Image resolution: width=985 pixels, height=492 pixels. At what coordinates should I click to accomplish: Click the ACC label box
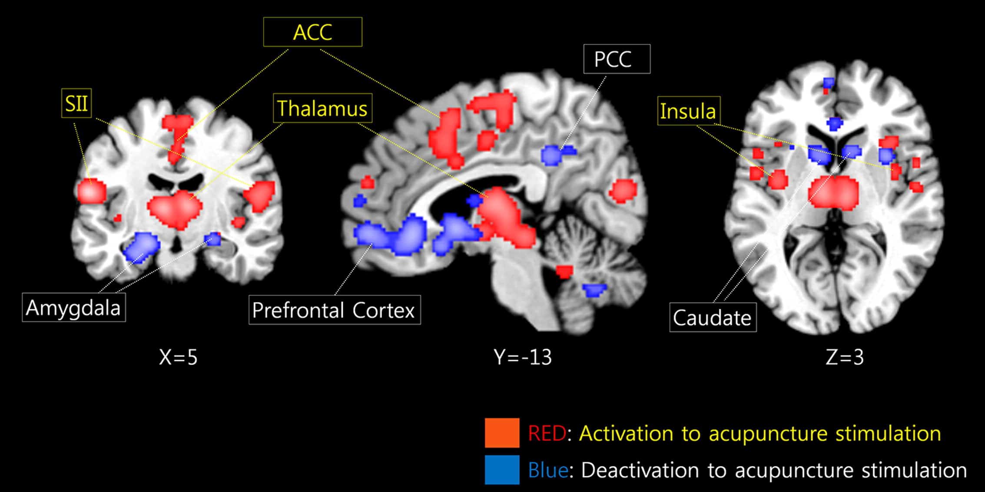[x=312, y=32]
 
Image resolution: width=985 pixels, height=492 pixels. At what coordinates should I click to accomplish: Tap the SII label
[x=76, y=104]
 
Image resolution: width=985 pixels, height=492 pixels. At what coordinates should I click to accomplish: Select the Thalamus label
[x=322, y=108]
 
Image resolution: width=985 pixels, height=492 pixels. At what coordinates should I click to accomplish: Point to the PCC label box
[x=617, y=59]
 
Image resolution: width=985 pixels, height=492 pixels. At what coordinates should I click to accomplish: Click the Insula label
[x=688, y=111]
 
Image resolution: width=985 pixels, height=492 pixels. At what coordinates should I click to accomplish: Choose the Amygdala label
[x=73, y=308]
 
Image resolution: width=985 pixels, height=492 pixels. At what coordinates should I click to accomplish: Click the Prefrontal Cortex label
[x=334, y=310]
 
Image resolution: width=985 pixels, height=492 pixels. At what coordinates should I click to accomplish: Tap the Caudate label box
[x=713, y=318]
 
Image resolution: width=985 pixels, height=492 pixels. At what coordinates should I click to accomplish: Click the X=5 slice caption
[x=178, y=357]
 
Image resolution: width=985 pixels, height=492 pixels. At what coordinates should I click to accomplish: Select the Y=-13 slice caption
[x=523, y=357]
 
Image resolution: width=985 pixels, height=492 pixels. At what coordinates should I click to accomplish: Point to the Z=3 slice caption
[x=844, y=357]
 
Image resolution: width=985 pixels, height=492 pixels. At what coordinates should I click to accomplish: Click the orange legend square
[x=502, y=433]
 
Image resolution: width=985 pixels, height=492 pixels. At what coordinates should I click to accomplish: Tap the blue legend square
[x=502, y=470]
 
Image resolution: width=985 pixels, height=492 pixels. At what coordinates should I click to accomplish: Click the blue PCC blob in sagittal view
[x=553, y=155]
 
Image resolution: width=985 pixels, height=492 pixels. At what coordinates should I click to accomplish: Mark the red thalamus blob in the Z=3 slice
[x=833, y=192]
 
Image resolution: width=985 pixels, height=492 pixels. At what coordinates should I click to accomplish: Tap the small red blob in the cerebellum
[x=564, y=271]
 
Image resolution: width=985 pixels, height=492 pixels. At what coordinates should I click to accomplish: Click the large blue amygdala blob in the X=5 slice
[x=141, y=246]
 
